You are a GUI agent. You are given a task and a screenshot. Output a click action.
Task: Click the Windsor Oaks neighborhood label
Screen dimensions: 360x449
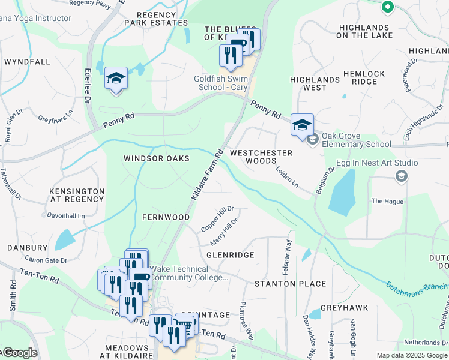(x=157, y=158)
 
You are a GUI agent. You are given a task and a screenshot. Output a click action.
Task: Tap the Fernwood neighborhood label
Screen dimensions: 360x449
(x=166, y=217)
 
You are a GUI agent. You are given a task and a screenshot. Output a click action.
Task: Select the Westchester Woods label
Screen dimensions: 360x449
(x=261, y=157)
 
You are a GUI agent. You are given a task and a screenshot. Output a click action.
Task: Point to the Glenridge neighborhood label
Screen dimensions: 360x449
(x=231, y=255)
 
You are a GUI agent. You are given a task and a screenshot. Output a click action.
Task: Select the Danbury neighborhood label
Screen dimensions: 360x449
(x=27, y=247)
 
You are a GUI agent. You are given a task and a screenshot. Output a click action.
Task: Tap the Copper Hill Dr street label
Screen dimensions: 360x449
(x=217, y=219)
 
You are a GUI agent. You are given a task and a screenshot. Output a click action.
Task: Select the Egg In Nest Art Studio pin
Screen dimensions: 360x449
(x=401, y=176)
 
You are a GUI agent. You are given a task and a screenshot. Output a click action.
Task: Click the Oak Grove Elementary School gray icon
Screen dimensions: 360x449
(x=312, y=140)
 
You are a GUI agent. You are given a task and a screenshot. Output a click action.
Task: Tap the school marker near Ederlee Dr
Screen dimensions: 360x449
(x=116, y=79)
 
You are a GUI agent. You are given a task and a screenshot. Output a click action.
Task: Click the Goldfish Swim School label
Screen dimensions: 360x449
(x=221, y=83)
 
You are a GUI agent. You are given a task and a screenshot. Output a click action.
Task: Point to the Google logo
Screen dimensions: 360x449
(x=19, y=353)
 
